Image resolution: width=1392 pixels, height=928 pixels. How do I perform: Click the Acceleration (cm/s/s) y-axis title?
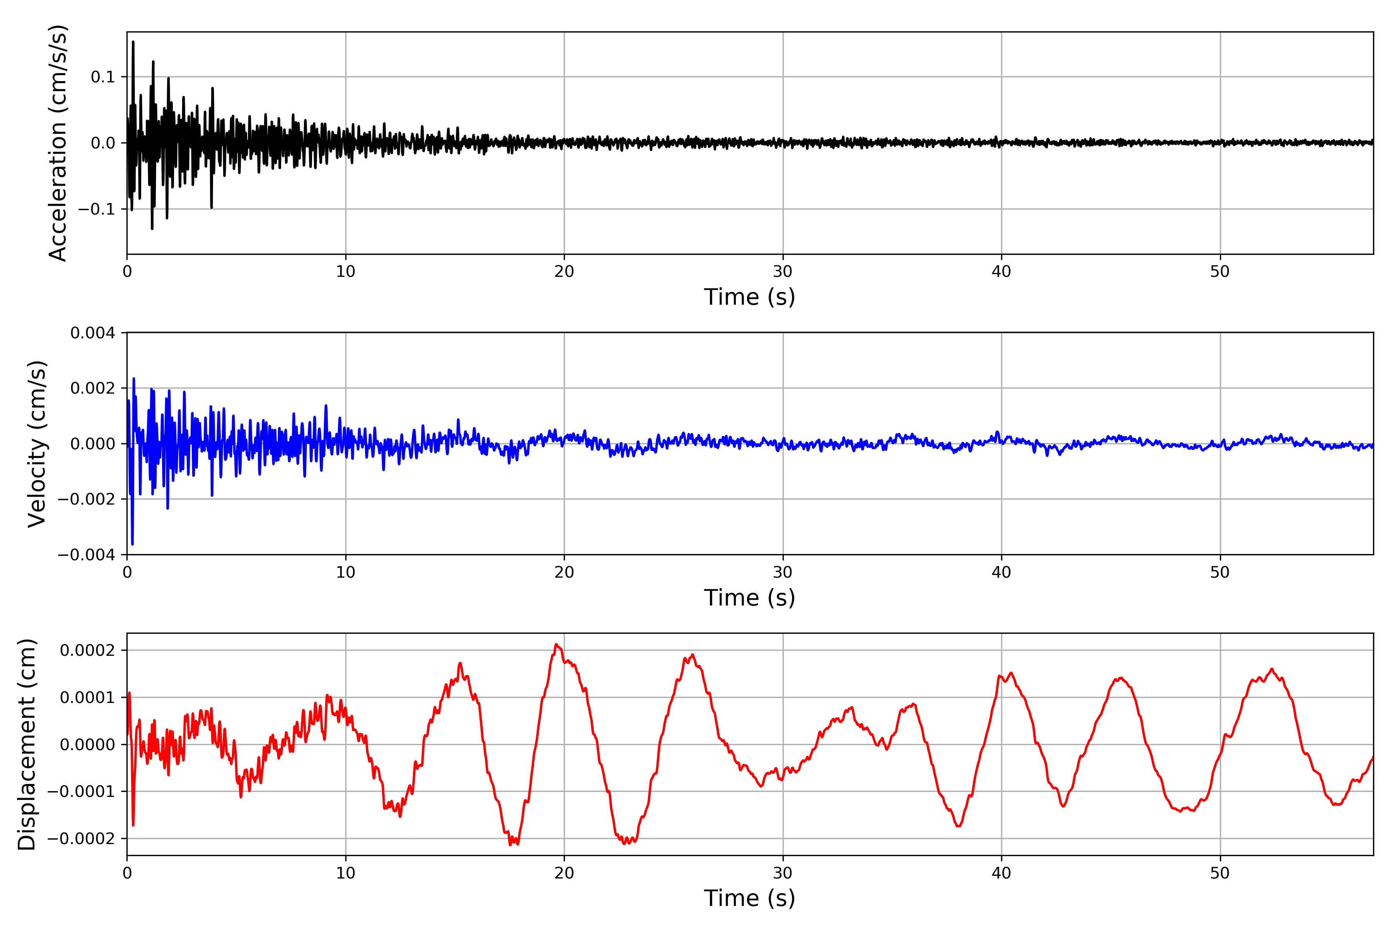(58, 143)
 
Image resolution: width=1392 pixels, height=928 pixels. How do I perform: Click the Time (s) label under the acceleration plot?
(749, 297)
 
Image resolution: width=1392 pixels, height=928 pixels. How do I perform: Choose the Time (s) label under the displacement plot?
(749, 898)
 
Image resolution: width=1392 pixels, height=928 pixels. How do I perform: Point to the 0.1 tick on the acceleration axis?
(102, 77)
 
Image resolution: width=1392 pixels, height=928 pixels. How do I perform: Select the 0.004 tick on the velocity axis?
(92, 333)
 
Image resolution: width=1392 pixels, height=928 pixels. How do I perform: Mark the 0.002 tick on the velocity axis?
(92, 388)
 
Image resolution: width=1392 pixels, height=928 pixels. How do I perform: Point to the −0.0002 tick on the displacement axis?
(81, 839)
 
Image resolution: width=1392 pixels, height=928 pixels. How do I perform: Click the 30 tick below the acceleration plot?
(782, 272)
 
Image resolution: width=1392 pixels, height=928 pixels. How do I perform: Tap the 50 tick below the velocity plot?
(1220, 572)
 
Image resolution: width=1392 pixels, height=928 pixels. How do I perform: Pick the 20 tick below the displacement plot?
(564, 873)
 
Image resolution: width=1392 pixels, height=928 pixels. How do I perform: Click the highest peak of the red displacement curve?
(556, 645)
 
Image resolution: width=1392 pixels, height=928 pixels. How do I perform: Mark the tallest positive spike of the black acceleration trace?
(133, 42)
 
